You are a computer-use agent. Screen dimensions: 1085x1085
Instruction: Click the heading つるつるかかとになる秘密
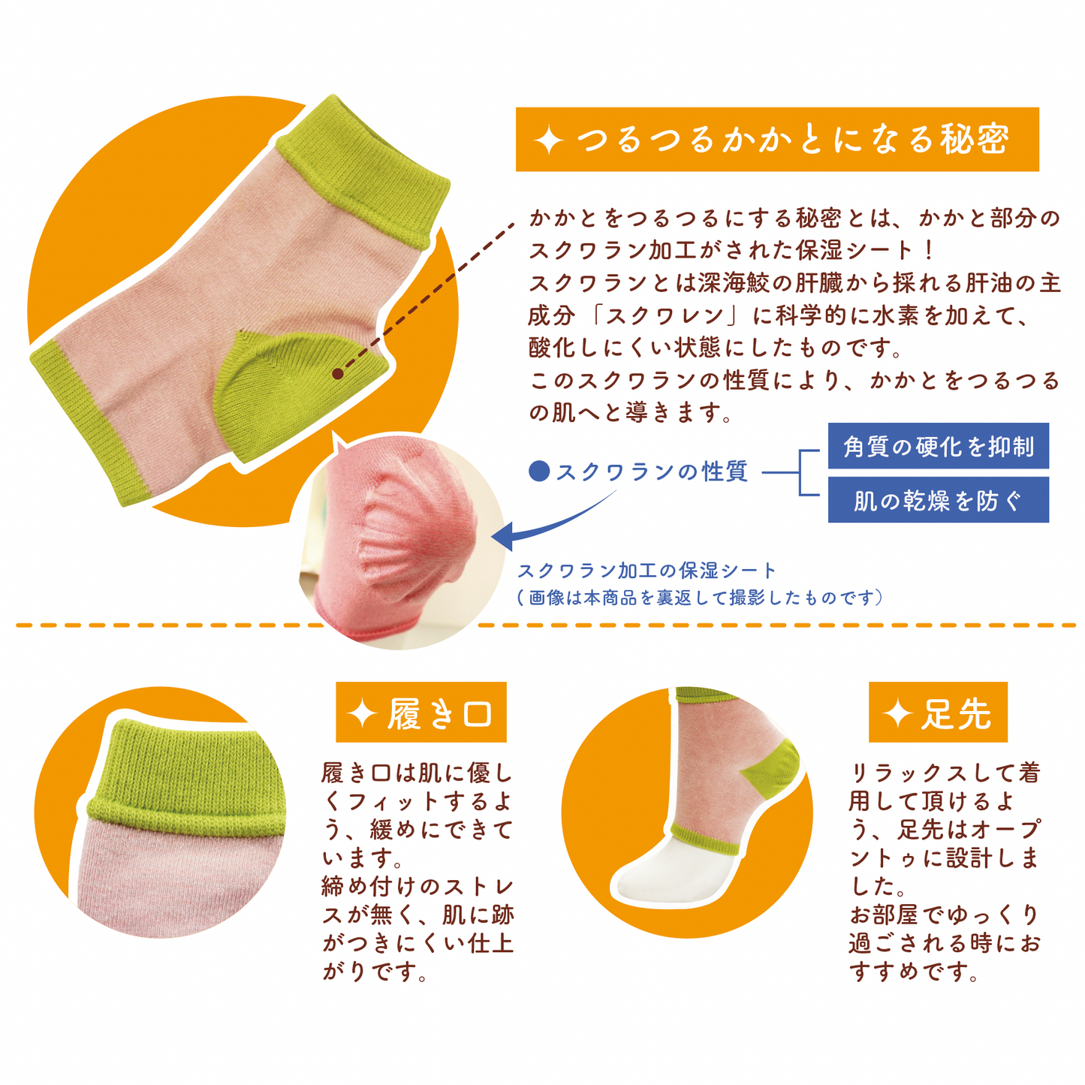click(776, 139)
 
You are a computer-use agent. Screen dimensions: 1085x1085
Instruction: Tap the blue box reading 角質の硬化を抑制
click(938, 445)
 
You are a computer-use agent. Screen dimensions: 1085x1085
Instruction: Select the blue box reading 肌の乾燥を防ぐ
click(938, 499)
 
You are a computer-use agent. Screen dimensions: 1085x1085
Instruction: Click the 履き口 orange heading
click(420, 712)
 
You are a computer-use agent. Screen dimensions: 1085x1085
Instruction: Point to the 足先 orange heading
click(938, 712)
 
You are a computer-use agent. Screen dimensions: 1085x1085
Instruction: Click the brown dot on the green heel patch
click(338, 373)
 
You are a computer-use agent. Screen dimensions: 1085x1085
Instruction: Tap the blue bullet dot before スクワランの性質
click(539, 471)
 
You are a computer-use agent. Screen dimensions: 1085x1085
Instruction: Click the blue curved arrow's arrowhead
click(503, 535)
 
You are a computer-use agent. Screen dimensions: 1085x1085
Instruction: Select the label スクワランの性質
click(652, 472)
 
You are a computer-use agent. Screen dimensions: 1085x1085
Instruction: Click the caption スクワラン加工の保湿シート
click(646, 571)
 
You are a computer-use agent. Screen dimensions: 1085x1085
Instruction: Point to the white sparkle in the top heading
click(549, 140)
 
